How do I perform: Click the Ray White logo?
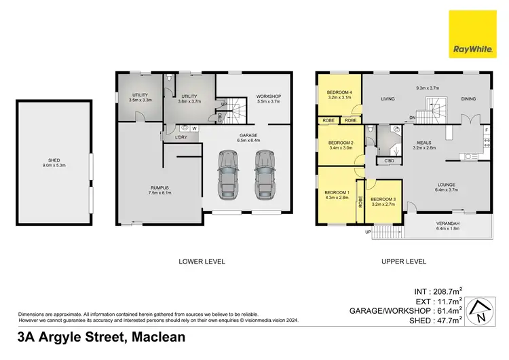pos(474,34)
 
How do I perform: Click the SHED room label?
pos(54,161)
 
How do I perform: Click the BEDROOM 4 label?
pos(339,92)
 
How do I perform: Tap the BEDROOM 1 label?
pos(337,194)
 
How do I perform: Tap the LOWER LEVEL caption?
pos(202,261)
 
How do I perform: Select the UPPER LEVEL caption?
pos(403,261)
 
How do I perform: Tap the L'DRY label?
pos(181,138)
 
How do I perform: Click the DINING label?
pos(469,99)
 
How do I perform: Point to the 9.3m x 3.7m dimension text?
pos(428,87)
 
